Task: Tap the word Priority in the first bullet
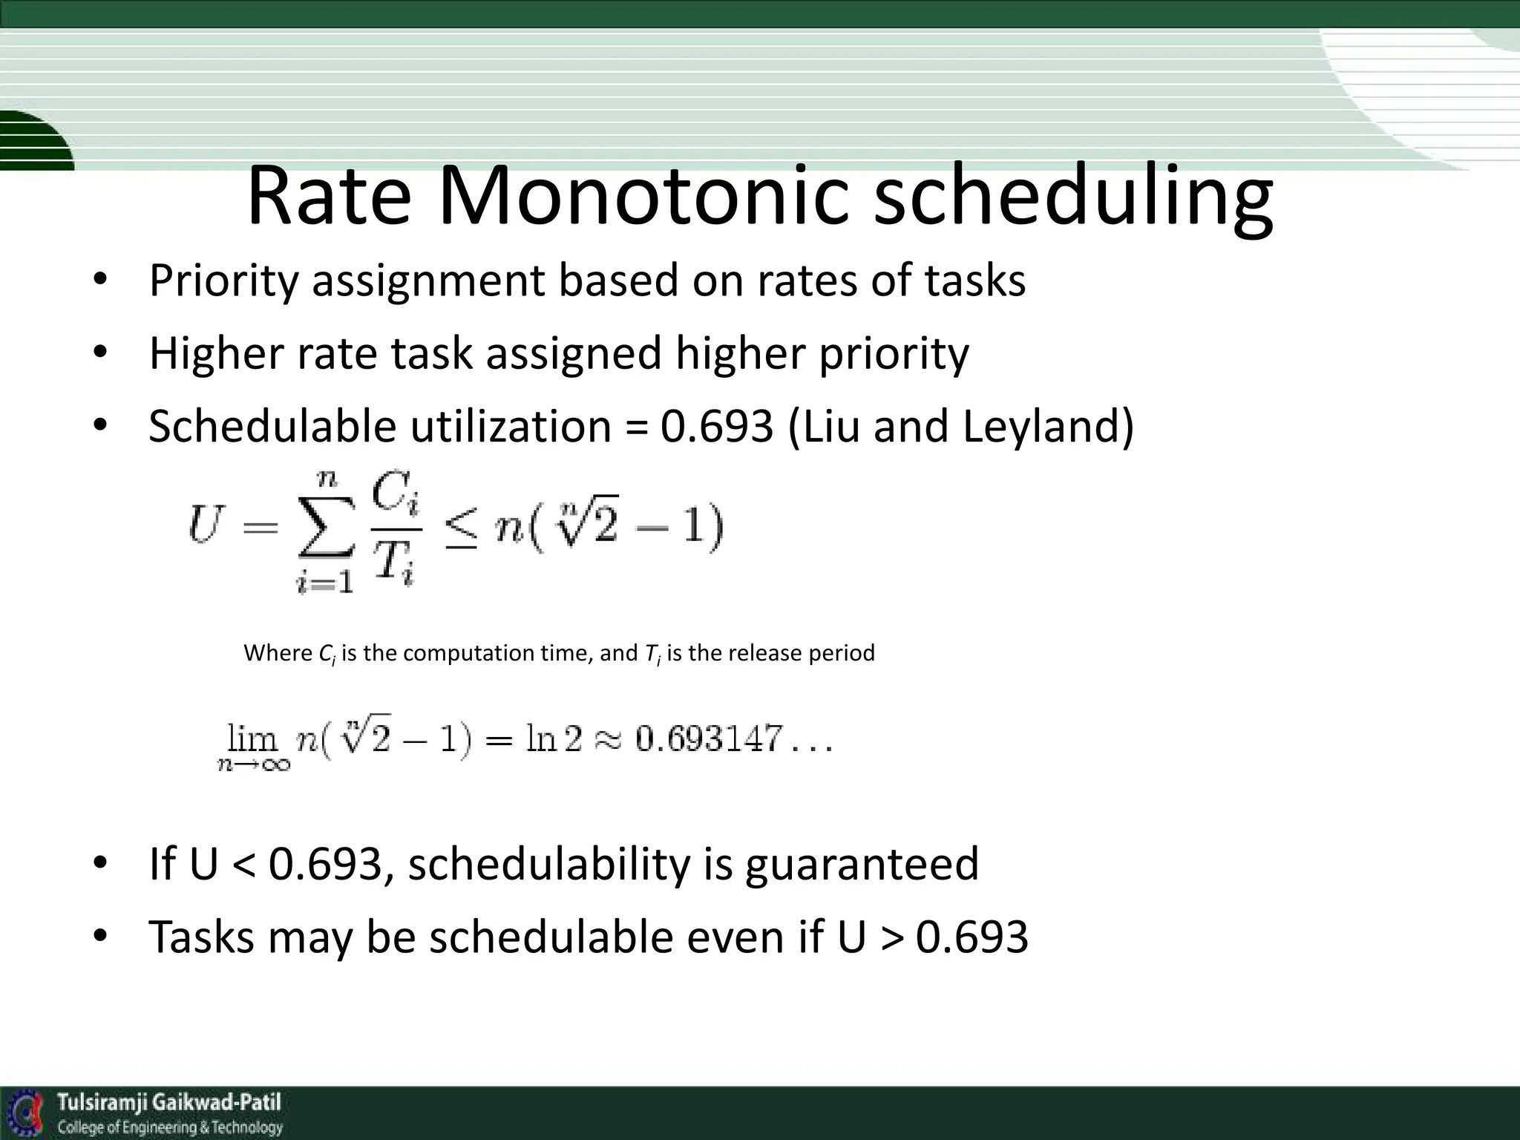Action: point(223,281)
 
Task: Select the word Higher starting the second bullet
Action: point(216,353)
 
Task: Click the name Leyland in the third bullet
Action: point(1047,427)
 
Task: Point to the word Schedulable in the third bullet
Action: point(272,427)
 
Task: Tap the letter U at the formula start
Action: point(204,525)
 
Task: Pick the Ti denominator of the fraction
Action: point(393,561)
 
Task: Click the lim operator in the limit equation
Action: point(252,739)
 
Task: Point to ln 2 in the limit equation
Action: point(554,739)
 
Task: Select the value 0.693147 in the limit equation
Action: point(709,739)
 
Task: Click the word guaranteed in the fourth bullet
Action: point(862,865)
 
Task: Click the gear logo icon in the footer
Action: point(28,1113)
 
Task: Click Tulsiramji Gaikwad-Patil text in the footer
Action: point(169,1102)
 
